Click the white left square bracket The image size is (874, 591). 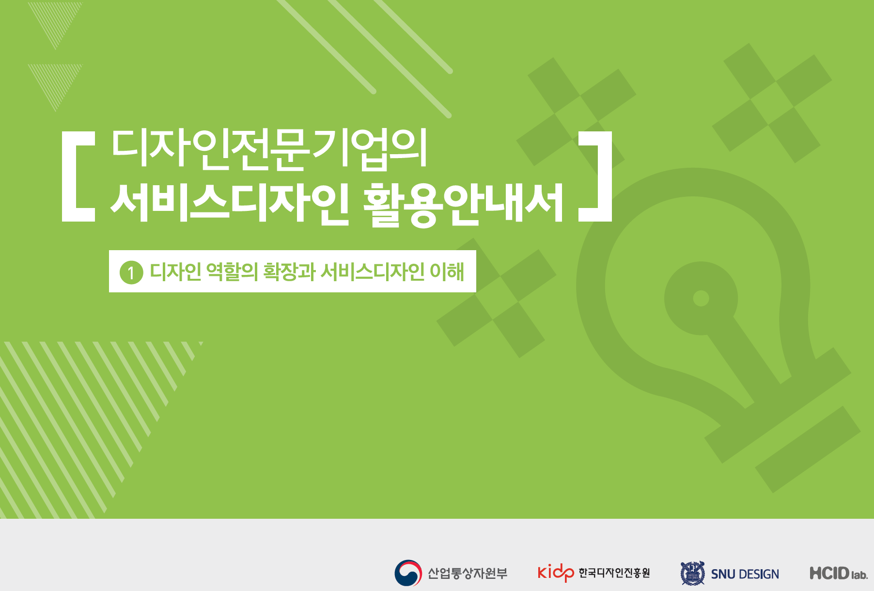point(68,176)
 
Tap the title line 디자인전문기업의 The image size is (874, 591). point(269,149)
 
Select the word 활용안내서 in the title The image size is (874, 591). point(464,204)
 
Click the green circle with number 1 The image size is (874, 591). point(131,272)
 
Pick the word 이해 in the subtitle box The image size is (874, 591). point(447,272)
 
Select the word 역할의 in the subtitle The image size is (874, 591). point(232,272)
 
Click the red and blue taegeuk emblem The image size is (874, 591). point(408,573)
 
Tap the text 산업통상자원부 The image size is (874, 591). point(468,574)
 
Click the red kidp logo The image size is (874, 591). point(556,573)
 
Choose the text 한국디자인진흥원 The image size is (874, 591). point(614,573)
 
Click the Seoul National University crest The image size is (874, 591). point(693,573)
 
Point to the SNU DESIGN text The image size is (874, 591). point(745,575)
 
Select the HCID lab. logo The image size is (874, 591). point(839,574)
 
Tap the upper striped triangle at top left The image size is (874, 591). point(55,19)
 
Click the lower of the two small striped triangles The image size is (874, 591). point(55,81)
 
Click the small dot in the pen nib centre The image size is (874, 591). point(701,298)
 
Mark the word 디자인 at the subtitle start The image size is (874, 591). point(175,272)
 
